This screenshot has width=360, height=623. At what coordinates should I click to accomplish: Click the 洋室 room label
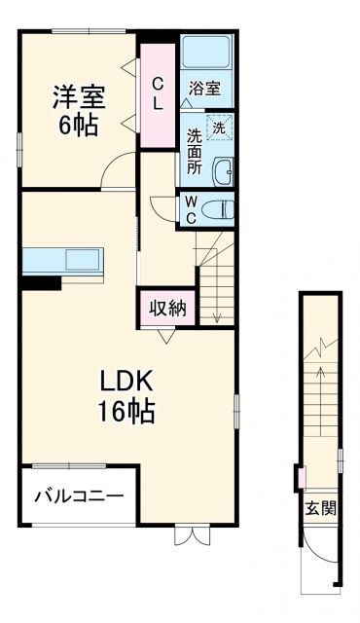click(78, 97)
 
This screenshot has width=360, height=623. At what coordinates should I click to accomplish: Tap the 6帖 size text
click(78, 125)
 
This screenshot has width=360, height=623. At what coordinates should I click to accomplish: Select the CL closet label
click(156, 94)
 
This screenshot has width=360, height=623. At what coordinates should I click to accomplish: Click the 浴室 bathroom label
click(204, 89)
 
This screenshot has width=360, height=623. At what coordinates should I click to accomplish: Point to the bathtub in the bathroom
click(204, 54)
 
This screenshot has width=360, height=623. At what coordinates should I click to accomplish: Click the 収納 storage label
click(166, 309)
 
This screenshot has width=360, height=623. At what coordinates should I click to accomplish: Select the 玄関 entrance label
click(319, 507)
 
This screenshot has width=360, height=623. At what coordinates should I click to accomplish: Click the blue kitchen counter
click(63, 261)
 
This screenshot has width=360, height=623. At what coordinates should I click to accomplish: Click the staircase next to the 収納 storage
click(216, 282)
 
